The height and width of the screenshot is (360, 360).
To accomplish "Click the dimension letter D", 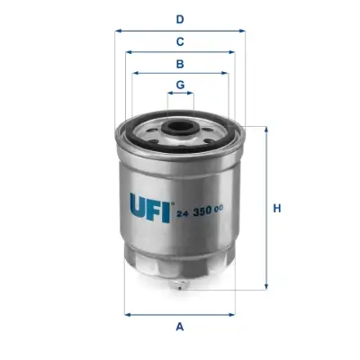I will pos(180,19).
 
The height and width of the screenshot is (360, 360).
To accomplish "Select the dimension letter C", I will pos(180,41).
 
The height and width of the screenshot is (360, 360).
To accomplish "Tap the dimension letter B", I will pos(180,64).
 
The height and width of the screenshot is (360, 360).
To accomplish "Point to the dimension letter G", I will pos(180,85).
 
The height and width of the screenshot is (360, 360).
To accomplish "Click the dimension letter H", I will pos(278,209).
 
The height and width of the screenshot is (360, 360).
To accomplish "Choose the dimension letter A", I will pos(180,326).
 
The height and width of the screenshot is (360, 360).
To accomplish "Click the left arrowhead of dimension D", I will pos(118,30).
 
